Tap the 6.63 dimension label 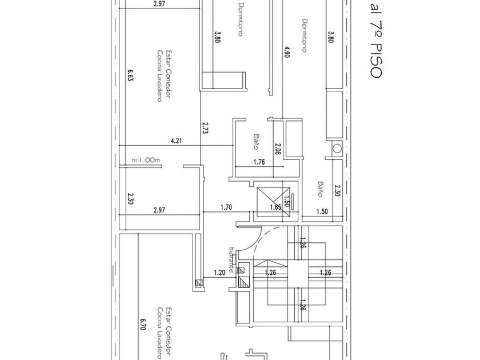click(131, 75)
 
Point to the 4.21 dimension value click(175, 140)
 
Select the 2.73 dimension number click(205, 128)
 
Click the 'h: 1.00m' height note click(146, 161)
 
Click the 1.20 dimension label click(219, 273)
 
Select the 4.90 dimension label click(287, 51)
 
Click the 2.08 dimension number click(278, 149)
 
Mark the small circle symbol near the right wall click(337, 149)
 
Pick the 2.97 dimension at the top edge click(159, 4)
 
